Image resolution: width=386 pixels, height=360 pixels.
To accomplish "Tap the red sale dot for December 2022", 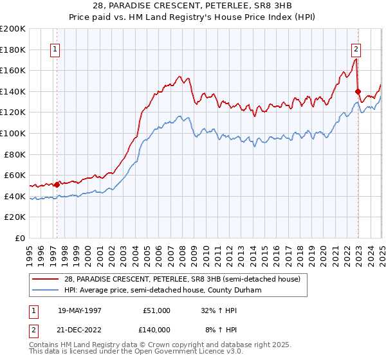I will click(x=358, y=91).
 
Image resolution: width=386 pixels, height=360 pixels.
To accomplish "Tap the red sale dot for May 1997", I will click(x=57, y=184).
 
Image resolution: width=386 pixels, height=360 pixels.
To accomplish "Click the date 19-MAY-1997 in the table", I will click(x=80, y=310).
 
